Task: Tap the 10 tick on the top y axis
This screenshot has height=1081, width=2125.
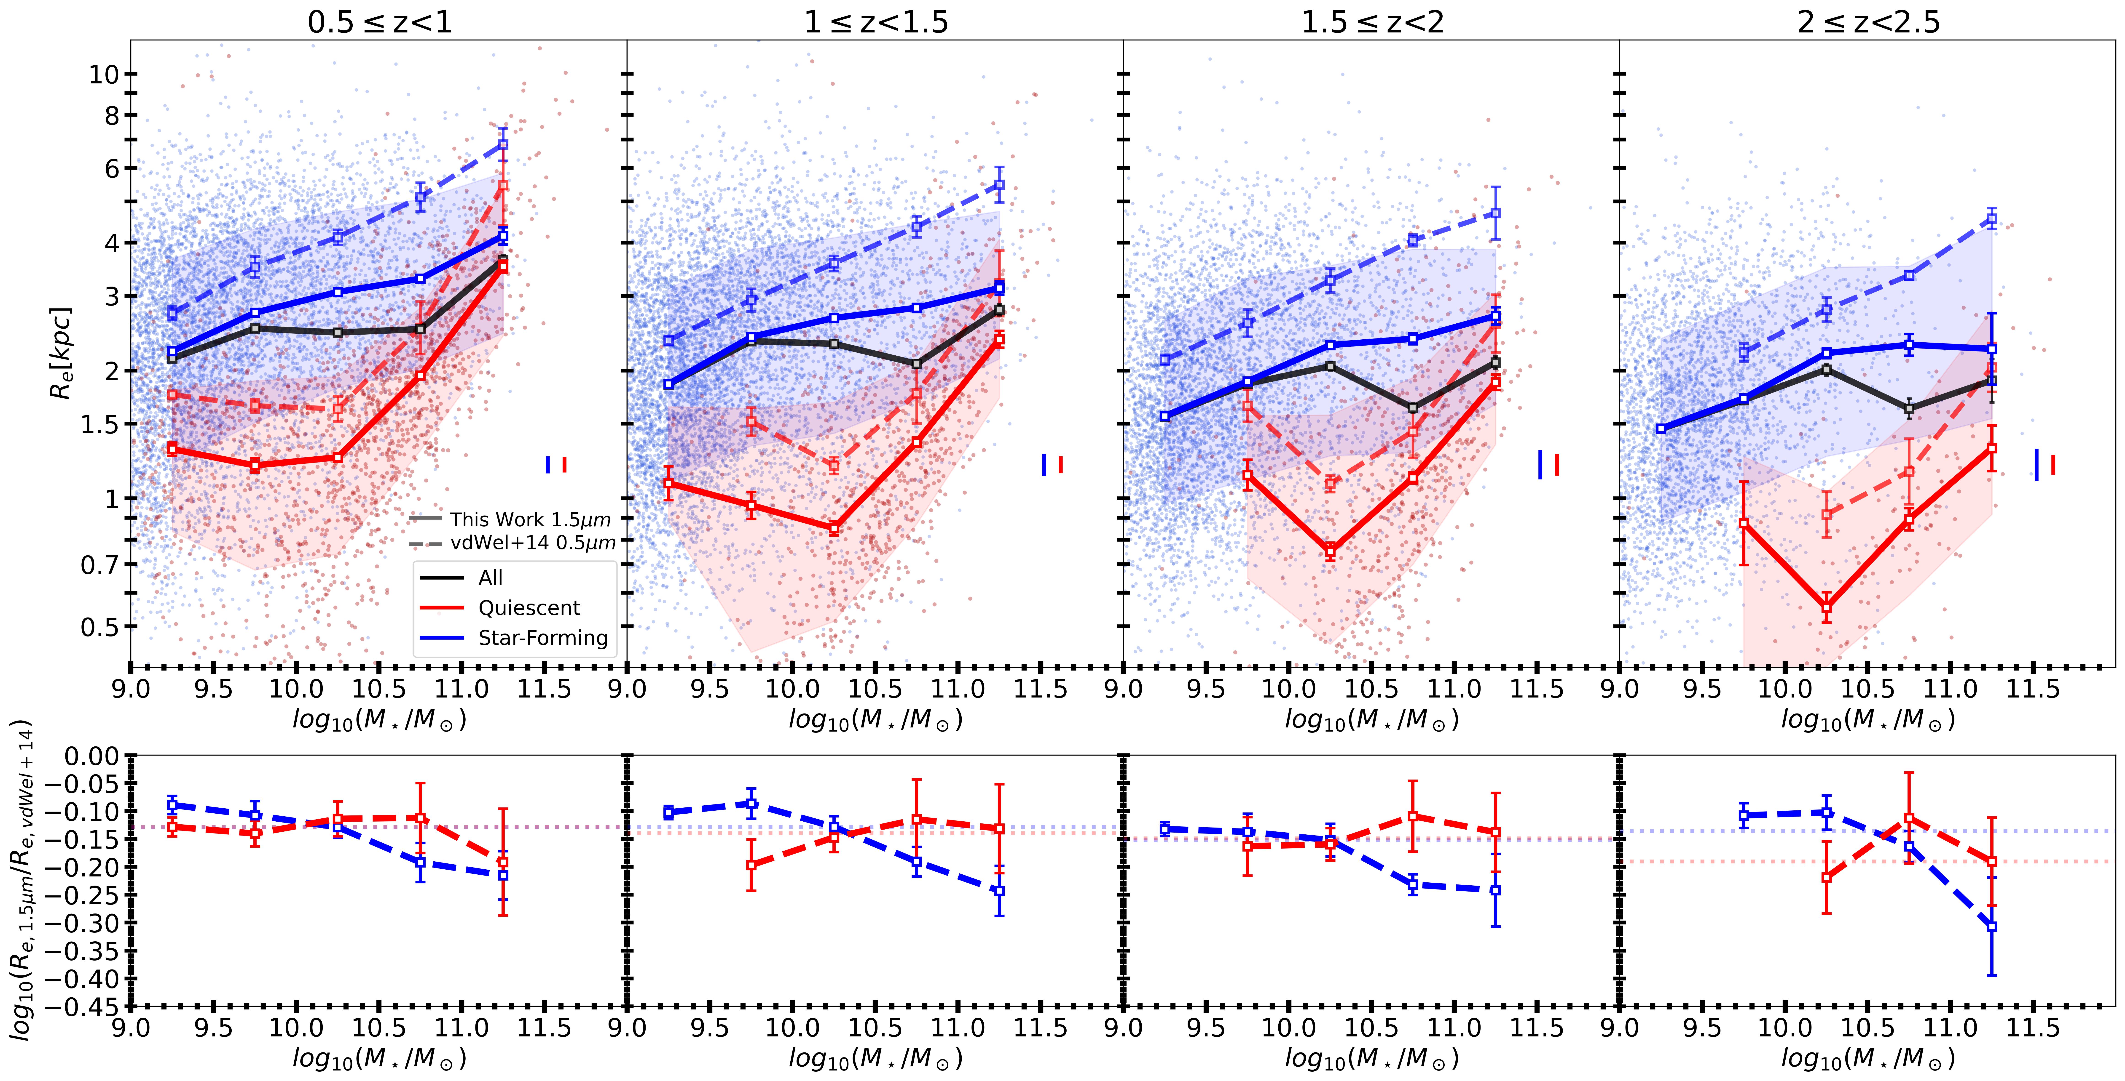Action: click(103, 74)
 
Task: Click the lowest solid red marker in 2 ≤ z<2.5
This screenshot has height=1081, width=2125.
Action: click(1826, 607)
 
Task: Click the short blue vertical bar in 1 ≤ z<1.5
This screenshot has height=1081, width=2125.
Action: click(1044, 465)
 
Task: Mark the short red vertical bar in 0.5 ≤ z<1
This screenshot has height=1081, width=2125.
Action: click(564, 465)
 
